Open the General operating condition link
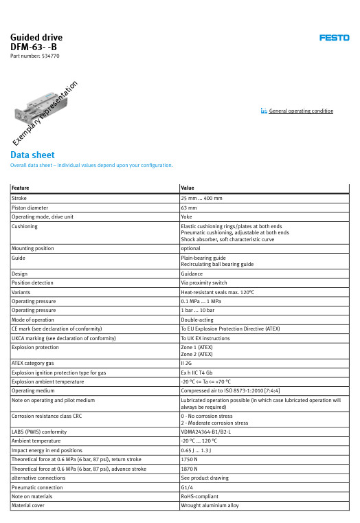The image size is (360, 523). click(x=300, y=111)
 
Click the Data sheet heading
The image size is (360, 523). click(x=32, y=155)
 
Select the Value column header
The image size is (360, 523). click(x=188, y=188)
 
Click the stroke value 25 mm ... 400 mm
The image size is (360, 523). click(x=201, y=198)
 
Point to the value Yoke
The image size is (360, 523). click(x=186, y=216)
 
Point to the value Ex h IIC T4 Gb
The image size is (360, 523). click(x=196, y=370)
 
